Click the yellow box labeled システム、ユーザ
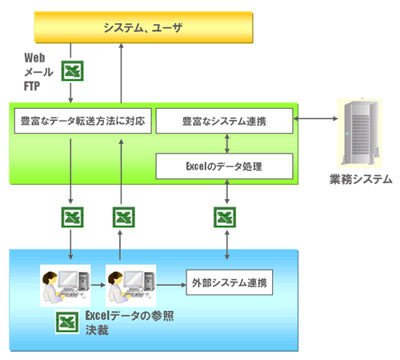click(144, 28)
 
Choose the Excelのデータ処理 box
click(224, 166)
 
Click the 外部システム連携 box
click(230, 283)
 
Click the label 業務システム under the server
click(361, 179)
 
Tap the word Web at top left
click(34, 58)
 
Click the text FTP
click(33, 84)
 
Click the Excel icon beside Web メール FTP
click(73, 71)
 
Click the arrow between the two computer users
click(97, 284)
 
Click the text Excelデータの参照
click(129, 316)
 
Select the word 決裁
click(97, 330)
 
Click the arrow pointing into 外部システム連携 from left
click(170, 284)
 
